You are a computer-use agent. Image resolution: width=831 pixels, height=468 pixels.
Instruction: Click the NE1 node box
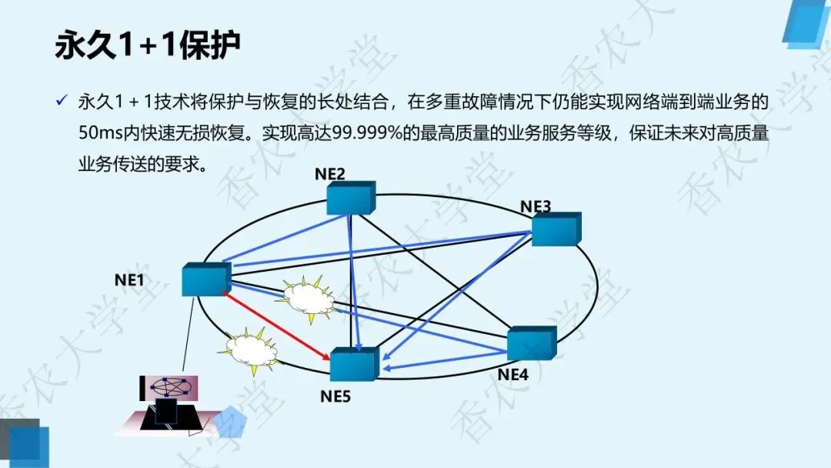pos(206,279)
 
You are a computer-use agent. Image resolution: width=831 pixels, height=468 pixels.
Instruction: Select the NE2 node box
pos(350,199)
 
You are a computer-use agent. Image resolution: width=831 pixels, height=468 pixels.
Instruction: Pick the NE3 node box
pos(555,229)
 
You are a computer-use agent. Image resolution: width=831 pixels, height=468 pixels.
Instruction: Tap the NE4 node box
pos(531,343)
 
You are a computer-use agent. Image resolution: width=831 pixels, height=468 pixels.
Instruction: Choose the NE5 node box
pos(354,364)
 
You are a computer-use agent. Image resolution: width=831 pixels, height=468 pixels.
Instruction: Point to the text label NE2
pos(330,173)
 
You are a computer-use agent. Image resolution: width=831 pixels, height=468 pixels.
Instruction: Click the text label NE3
pos(536,206)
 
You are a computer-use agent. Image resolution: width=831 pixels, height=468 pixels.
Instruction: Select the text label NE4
pos(512,375)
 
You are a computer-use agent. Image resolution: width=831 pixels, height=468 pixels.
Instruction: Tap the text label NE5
pos(335,396)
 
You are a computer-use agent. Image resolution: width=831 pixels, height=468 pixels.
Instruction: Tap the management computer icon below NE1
pos(168,403)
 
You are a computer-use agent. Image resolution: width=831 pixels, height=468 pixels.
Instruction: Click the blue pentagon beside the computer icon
pos(229,422)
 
